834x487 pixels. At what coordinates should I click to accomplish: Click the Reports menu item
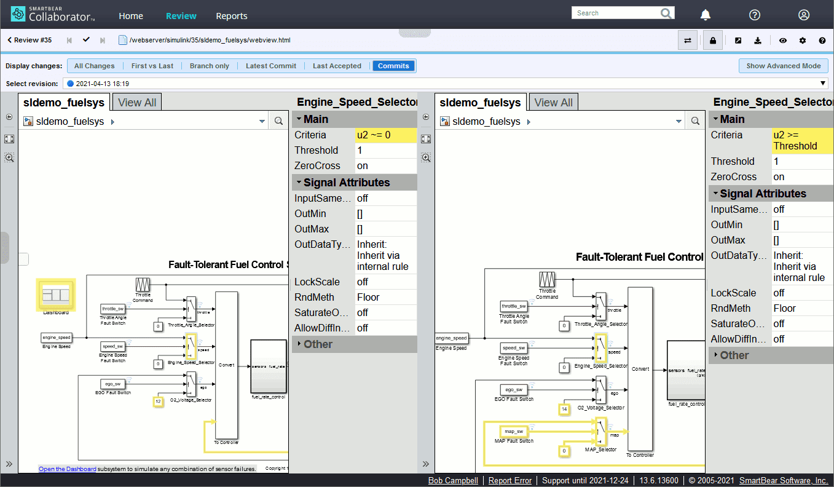point(232,16)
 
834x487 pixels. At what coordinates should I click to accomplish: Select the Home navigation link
point(131,16)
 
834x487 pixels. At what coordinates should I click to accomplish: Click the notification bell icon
point(706,15)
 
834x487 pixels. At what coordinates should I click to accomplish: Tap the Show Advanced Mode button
point(783,66)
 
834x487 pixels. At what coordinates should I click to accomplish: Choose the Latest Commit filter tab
point(271,66)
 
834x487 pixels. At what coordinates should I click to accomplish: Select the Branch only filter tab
point(210,66)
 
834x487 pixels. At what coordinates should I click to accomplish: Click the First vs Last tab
point(152,66)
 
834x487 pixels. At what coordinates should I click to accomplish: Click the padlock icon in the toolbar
point(712,41)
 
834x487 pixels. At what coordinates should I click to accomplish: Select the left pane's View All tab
point(137,103)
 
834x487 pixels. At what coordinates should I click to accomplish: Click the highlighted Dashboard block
point(56,295)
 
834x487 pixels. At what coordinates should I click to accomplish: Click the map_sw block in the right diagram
point(514,431)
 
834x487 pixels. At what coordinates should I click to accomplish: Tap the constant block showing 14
point(564,409)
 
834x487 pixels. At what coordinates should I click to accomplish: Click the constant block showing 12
point(158,402)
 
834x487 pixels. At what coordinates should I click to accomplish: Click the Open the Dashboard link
point(67,469)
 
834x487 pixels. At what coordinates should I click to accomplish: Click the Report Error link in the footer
point(510,480)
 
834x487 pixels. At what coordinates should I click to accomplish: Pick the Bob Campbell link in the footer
point(454,480)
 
